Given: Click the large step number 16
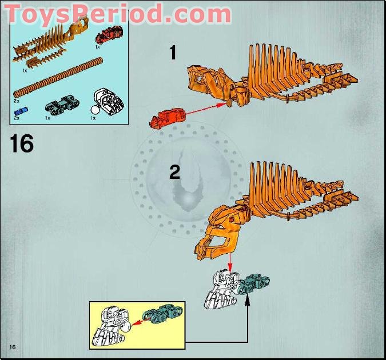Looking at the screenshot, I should click(22, 143).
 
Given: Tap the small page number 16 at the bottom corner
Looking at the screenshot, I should click(12, 347).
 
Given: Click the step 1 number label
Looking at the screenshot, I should click(173, 53).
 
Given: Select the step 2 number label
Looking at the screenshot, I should click(174, 171).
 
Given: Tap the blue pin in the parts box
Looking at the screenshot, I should click(21, 110).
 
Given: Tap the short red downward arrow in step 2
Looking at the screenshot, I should click(230, 263).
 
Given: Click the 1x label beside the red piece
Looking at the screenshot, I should click(98, 47).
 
